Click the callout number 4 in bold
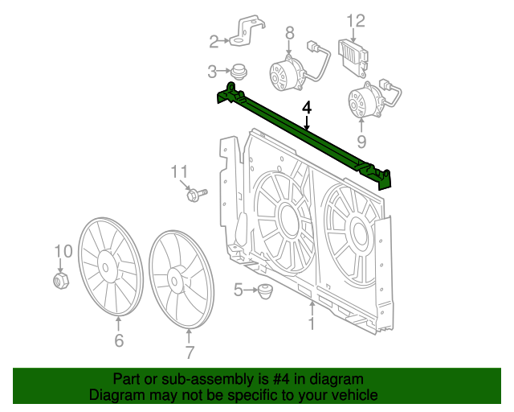pyautogui.click(x=306, y=106)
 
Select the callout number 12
pyautogui.click(x=356, y=21)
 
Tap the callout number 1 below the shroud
pyautogui.click(x=312, y=323)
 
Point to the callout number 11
pyautogui.click(x=178, y=171)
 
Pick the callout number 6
pyautogui.click(x=119, y=341)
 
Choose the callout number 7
pyautogui.click(x=190, y=352)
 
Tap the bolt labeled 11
pyautogui.click(x=196, y=194)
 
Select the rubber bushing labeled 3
pyautogui.click(x=238, y=71)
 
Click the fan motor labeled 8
pyautogui.click(x=285, y=72)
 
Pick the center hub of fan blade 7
pyautogui.click(x=175, y=280)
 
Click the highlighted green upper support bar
pyautogui.click(x=305, y=133)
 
